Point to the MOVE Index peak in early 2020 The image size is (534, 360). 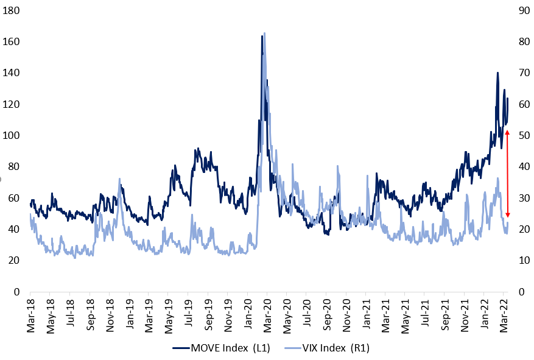tap(262, 36)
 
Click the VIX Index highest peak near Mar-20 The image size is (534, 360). tap(264, 34)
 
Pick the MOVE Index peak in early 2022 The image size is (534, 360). tap(497, 73)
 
